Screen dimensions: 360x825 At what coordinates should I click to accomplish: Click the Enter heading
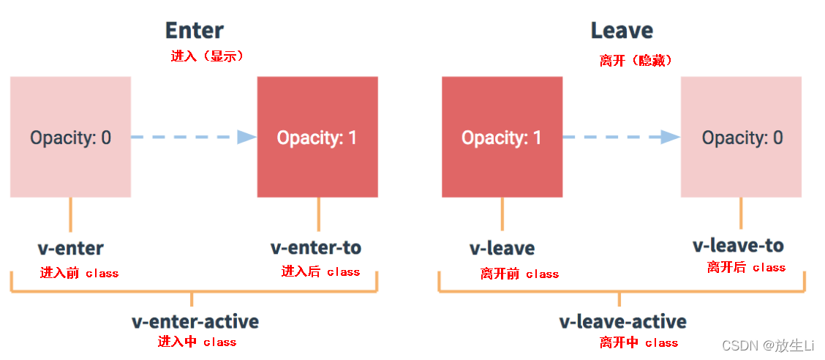pos(194,30)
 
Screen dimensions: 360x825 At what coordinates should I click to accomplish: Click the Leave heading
pos(622,31)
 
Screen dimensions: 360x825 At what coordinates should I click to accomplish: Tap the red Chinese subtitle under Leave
pos(636,61)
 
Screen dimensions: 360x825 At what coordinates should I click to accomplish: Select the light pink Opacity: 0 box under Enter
pos(70,137)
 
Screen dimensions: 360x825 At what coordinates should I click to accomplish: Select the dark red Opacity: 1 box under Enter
pos(317,137)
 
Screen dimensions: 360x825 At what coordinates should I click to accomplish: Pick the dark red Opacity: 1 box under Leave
pos(502,137)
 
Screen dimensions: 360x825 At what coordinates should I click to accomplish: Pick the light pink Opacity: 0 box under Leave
pos(741,137)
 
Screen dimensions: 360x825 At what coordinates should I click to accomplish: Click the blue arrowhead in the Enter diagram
pos(246,137)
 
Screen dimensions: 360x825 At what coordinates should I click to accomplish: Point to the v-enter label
pos(71,248)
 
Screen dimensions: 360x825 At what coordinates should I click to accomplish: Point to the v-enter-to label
pos(316,248)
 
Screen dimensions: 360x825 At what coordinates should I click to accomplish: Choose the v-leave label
pos(502,249)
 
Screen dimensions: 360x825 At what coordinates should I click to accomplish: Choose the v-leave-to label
pos(738,245)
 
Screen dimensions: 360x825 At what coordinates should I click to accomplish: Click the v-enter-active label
pos(195,321)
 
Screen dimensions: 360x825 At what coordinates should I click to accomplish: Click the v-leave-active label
pos(622,322)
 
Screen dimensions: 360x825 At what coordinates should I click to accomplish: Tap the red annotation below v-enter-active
pos(197,342)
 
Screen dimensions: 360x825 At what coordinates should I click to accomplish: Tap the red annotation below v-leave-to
pos(746,268)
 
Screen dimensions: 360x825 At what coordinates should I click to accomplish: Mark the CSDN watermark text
pos(768,345)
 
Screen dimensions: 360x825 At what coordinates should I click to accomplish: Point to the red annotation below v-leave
pos(519,274)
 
